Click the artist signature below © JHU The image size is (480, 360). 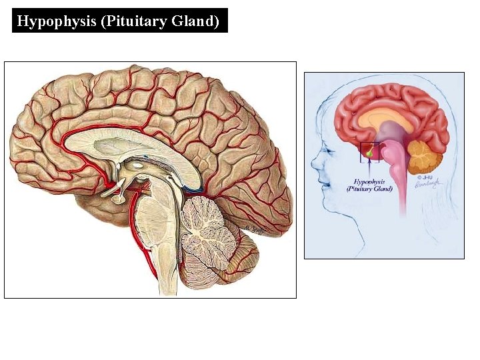(427, 186)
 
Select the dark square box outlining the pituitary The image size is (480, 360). (369, 152)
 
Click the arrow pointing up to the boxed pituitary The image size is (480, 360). (369, 169)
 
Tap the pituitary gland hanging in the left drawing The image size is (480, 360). (119, 197)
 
